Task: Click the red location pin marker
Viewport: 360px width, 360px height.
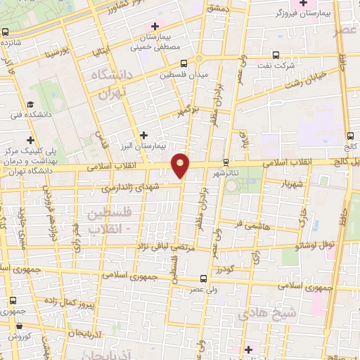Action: point(181,165)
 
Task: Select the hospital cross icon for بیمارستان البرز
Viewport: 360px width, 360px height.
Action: point(144,134)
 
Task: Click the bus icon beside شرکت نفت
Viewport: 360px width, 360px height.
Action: point(276,56)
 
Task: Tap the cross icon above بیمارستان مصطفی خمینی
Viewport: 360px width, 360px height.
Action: point(155,26)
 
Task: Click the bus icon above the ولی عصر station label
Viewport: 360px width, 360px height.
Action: point(202,278)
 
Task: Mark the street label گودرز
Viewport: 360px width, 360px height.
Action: point(224,269)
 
